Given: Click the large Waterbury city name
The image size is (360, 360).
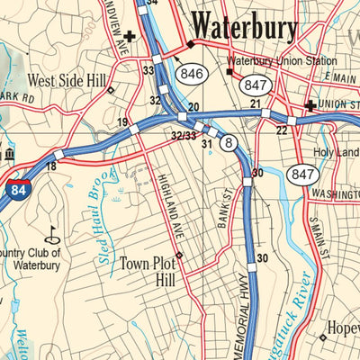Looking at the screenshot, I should pos(245,27).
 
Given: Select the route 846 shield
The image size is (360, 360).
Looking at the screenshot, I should pos(190,74).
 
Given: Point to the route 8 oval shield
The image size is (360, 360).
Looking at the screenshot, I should pos(229,141).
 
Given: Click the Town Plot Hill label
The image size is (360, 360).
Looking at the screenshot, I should pos(146,273).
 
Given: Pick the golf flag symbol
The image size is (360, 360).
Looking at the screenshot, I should pos(49,233).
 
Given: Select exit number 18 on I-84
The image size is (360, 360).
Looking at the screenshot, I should pos(51,166).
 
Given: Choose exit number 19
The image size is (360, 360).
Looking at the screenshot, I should pos(121,121).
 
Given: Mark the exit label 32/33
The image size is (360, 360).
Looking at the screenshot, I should pos(183,135).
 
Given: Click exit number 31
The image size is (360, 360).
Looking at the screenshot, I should pos(206,143).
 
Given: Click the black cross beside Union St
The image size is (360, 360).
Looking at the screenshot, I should pos(310,105).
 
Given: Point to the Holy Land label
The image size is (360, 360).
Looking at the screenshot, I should pos(337,152).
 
